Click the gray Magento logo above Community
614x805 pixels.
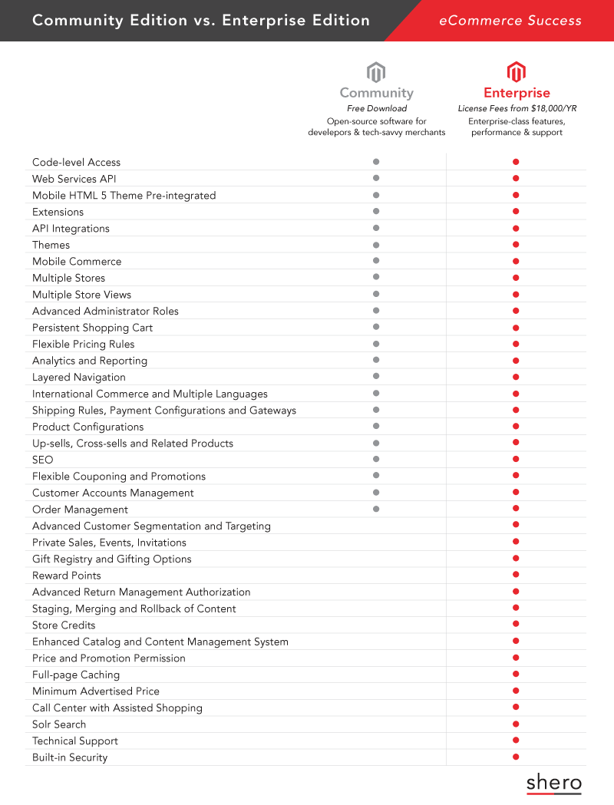376,73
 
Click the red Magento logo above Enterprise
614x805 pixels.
517,73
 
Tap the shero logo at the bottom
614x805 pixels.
554,784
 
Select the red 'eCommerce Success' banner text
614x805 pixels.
510,21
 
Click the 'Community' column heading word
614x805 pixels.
376,93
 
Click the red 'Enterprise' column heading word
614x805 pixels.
517,93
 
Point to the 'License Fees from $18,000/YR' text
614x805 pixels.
517,109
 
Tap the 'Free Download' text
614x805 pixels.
376,109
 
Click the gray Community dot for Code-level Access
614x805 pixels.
376,162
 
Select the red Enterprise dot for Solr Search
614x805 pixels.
516,724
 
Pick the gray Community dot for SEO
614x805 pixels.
376,459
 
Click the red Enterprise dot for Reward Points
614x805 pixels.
516,575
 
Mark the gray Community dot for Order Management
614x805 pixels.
376,509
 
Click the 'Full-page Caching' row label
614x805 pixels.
76,675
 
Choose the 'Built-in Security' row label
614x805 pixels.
70,757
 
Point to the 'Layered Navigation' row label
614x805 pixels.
79,377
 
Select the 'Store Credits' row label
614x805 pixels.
64,625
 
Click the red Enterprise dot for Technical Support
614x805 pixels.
516,740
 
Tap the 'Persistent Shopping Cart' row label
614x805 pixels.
92,328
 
